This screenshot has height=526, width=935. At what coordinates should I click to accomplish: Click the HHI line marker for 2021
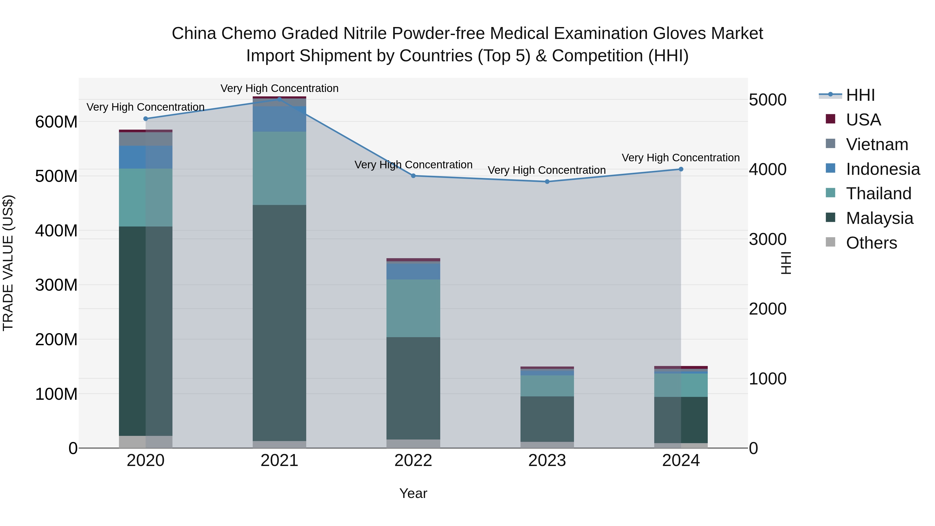279,99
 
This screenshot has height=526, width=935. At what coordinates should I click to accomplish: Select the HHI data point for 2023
547,182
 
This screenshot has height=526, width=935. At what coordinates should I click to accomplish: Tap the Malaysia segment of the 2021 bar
279,323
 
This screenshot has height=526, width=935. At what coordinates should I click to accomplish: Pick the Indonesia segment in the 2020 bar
145,157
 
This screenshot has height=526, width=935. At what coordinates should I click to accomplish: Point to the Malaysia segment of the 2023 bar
547,419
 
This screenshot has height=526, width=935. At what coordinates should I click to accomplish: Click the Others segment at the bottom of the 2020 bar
145,442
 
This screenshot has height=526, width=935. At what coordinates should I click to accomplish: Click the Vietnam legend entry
877,144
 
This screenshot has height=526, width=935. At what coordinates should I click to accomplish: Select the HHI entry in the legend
860,95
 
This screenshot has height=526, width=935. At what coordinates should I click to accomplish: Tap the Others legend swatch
831,242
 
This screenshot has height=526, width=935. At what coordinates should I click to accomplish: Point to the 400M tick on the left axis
56,230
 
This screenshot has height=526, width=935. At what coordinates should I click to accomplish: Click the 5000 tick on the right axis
768,100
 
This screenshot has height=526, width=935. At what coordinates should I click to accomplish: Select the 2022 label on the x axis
413,461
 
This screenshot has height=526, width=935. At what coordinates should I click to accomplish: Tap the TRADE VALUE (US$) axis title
8,263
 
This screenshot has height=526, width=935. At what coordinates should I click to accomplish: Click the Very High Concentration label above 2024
680,158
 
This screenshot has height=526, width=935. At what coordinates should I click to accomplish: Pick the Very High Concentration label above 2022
413,164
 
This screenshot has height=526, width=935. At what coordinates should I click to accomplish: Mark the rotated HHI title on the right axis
786,263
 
